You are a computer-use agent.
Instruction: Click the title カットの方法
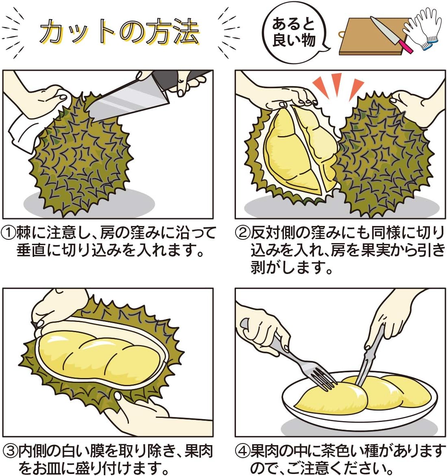point(120,32)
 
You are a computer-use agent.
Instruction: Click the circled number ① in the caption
point(9,233)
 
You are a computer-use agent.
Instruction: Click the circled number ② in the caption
point(242,233)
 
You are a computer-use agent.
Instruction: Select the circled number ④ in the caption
point(242,451)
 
